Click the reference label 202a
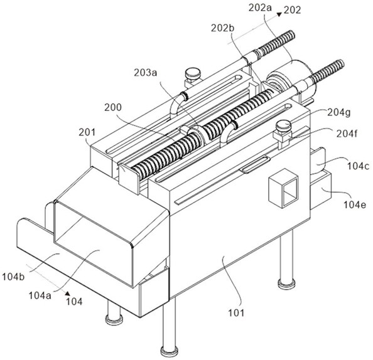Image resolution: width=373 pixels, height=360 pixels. (260, 8)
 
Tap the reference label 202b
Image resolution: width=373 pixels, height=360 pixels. (223, 28)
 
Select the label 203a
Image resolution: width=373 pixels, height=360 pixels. (146, 73)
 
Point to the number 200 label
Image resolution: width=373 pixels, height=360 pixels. (113, 108)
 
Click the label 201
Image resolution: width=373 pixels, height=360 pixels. (87, 132)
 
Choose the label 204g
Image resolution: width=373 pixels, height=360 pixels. (339, 113)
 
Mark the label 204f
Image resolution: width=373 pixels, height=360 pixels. (347, 134)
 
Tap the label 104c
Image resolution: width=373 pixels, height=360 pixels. (359, 166)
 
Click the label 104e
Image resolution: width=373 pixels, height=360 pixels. (355, 204)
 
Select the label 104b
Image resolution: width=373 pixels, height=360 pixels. (13, 277)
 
